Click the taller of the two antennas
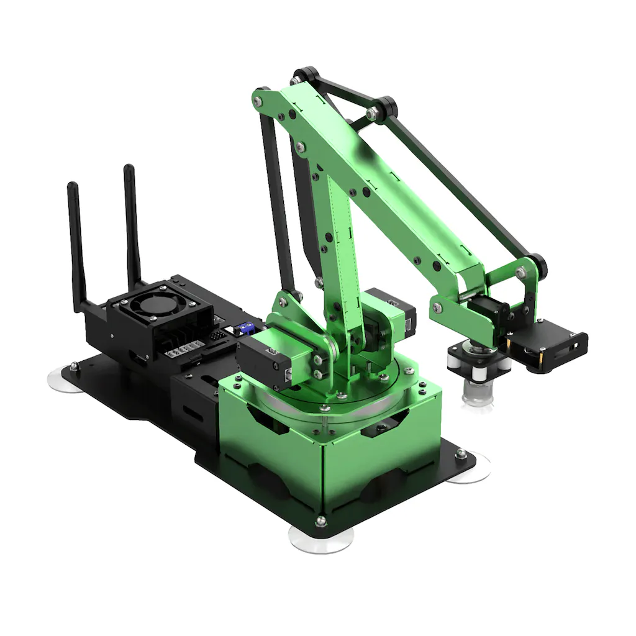pyautogui.click(x=131, y=224)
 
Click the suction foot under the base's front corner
pyautogui.click(x=321, y=539)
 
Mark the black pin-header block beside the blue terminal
pyautogui.click(x=218, y=335)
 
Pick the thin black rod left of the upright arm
pyautogui.click(x=276, y=199)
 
